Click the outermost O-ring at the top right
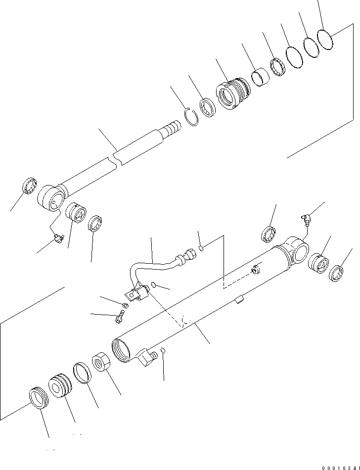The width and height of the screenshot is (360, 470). [x=324, y=39]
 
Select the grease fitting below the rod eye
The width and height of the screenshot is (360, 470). [x=58, y=239]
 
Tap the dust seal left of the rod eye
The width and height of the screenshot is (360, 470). [x=30, y=187]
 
